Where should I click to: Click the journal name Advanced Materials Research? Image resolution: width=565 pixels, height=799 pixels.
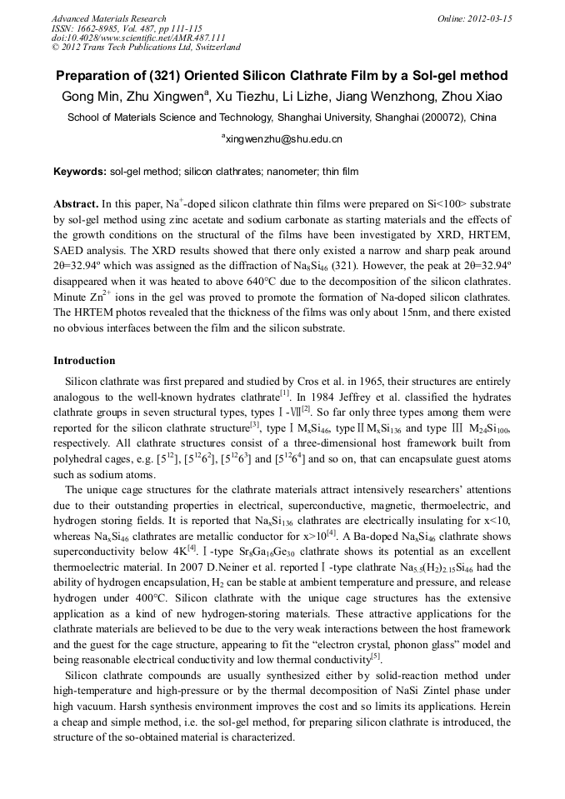point(108,18)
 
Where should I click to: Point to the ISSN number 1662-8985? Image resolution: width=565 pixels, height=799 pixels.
point(104,28)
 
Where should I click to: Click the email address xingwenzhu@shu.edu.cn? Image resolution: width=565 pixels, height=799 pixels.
point(284,139)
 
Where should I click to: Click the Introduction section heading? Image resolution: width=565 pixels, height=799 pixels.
point(84,361)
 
